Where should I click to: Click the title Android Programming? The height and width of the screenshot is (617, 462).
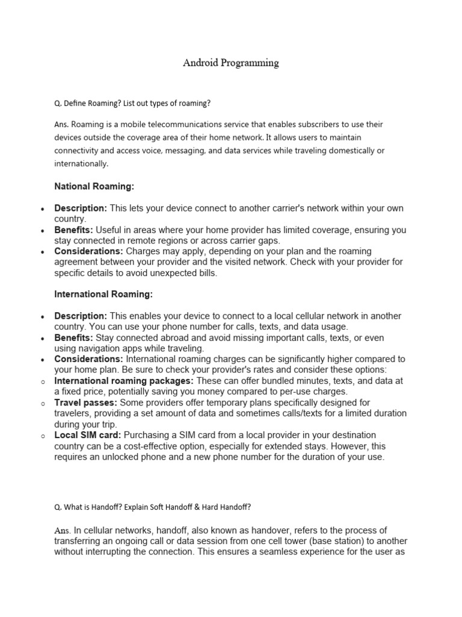[x=231, y=63]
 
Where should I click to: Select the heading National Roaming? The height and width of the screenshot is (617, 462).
[x=94, y=187]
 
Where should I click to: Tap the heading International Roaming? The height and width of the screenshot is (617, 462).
[x=103, y=294]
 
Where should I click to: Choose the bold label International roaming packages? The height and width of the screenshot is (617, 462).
[x=124, y=381]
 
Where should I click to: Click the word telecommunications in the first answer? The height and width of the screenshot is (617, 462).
[x=171, y=124]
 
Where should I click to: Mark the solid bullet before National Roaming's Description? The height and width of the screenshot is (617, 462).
[x=42, y=208]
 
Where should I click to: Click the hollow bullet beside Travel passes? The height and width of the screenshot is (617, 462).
[x=42, y=402]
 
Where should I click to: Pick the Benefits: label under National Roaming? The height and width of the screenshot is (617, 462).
[x=74, y=230]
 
